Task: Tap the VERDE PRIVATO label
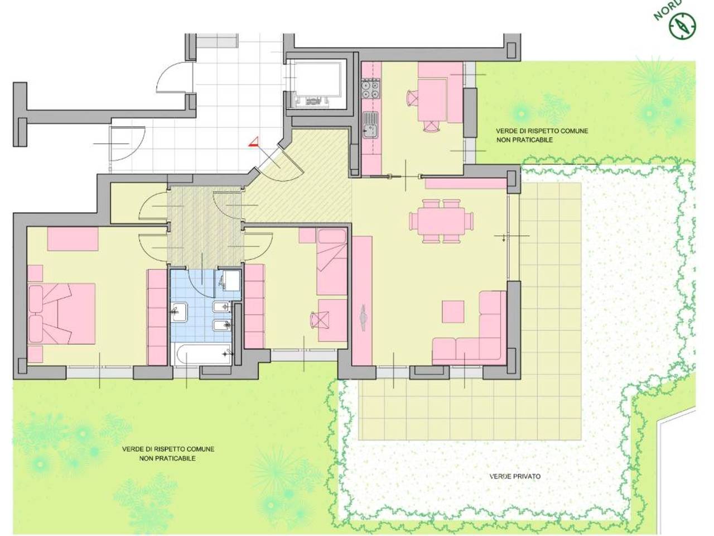(515, 476)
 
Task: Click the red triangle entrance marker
(253, 142)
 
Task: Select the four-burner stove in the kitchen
(370, 89)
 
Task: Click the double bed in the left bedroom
(62, 314)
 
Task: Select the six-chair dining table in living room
(441, 221)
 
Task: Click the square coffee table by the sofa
(453, 312)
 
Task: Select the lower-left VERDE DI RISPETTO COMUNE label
(168, 449)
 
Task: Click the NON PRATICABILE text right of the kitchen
(524, 140)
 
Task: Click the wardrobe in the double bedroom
(157, 317)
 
